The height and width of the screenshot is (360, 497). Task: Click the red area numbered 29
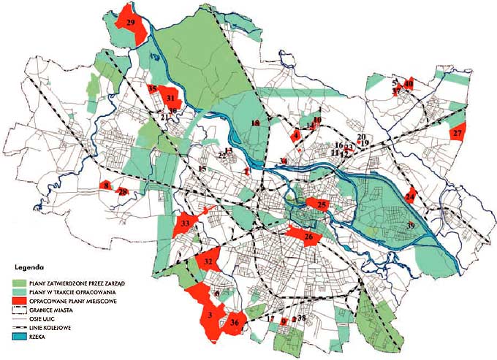[x=131, y=23]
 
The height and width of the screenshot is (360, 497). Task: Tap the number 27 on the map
[x=458, y=134]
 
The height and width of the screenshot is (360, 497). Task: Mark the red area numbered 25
[x=322, y=205]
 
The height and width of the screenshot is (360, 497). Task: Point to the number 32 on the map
[x=209, y=261]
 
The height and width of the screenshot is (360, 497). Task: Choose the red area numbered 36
[x=234, y=322]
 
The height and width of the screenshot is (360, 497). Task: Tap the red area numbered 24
[x=411, y=196]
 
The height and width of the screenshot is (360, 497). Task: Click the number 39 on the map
[x=411, y=226]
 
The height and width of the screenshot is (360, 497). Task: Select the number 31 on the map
[x=170, y=98]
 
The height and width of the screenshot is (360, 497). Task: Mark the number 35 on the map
[x=152, y=89]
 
